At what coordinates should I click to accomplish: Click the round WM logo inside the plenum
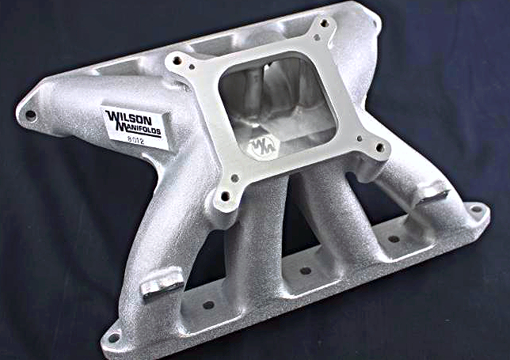point(263,147)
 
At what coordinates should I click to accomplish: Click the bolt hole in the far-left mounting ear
point(31,115)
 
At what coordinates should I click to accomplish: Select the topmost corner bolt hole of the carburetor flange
point(324,23)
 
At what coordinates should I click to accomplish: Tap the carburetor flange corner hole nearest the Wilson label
point(177,60)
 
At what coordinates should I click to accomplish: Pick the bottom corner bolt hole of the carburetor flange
point(225,196)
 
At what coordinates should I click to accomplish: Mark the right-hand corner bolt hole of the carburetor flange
point(379,148)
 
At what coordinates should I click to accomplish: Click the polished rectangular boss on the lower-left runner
point(162,286)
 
